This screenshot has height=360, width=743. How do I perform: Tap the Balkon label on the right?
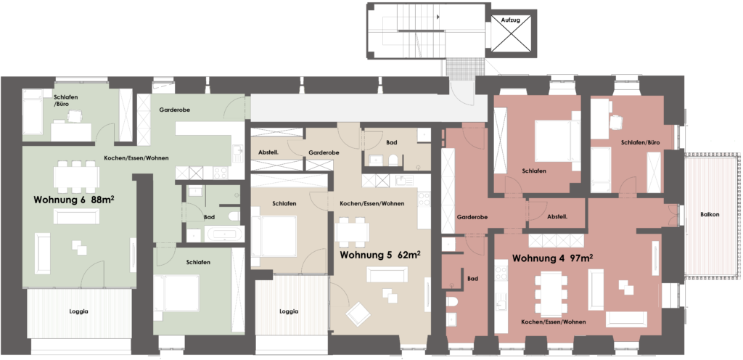710,215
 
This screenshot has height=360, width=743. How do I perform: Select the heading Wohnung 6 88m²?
75,200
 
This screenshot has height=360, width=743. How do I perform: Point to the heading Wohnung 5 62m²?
381,255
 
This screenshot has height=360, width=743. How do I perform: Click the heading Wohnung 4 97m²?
554,258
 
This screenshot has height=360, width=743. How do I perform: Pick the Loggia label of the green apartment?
78,311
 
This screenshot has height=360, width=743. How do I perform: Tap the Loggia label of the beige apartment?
289,311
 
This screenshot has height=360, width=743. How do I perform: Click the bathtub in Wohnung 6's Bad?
224,234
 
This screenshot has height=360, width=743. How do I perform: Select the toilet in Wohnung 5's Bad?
393,160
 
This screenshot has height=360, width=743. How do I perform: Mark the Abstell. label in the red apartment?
557,216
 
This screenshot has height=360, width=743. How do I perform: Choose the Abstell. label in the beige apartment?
268,153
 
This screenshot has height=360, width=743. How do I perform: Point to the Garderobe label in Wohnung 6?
174,110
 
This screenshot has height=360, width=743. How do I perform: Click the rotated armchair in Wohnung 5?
358,313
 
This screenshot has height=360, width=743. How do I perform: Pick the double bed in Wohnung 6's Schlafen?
176,292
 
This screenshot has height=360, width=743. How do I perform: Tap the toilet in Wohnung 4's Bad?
452,301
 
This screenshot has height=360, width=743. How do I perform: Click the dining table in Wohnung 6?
76,176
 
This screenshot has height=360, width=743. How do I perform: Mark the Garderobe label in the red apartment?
472,217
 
